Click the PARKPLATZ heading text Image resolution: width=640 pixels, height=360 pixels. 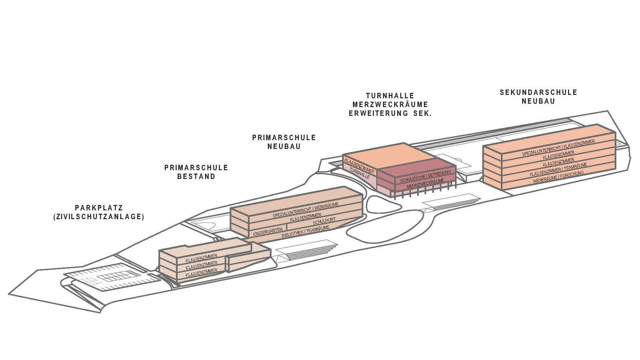[x=99, y=208]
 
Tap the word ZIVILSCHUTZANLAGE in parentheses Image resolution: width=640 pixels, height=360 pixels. [x=99, y=217]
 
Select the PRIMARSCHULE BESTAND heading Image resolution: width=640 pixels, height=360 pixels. [x=196, y=172]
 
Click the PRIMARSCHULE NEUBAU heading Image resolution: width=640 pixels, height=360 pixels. [x=284, y=142]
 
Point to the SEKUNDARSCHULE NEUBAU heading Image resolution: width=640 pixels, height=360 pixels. [x=538, y=97]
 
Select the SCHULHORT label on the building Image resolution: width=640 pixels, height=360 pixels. [x=324, y=222]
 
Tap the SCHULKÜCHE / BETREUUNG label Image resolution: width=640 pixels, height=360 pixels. [x=425, y=177]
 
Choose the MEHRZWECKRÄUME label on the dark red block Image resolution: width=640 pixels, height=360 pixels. [x=425, y=184]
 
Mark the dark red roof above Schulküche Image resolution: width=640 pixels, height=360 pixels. [x=419, y=165]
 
